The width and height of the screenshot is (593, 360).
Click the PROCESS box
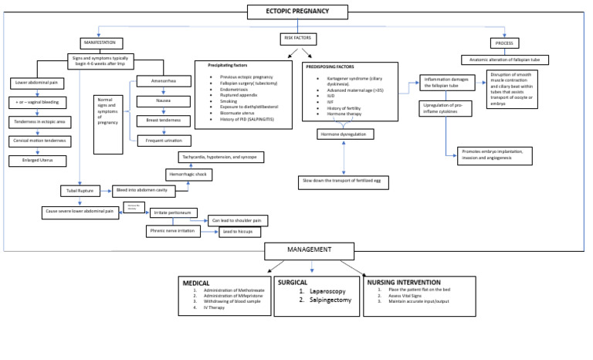[x=507, y=42]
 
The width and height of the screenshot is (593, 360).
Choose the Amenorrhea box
[x=164, y=80]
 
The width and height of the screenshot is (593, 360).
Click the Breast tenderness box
[x=163, y=121]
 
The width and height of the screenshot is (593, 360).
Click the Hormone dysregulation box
[x=343, y=134]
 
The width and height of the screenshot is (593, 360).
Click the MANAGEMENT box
[x=310, y=250]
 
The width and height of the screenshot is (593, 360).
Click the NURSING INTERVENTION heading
[x=404, y=283]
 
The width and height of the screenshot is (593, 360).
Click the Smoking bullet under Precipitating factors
[x=230, y=100]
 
